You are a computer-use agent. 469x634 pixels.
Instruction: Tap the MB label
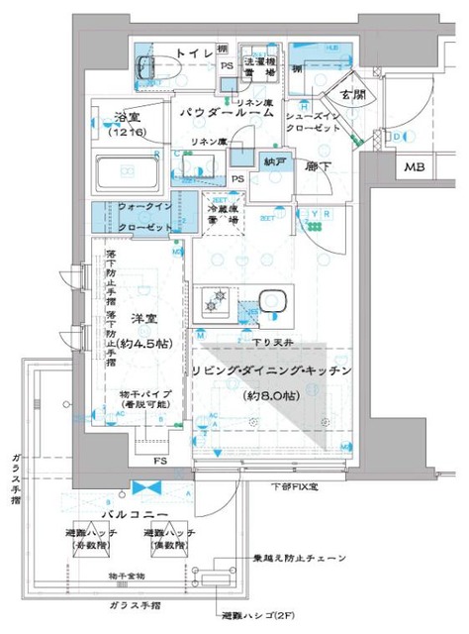click(x=414, y=168)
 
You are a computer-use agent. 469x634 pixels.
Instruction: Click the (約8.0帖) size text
click(x=269, y=396)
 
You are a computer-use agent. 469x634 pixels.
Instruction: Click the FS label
click(x=158, y=461)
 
